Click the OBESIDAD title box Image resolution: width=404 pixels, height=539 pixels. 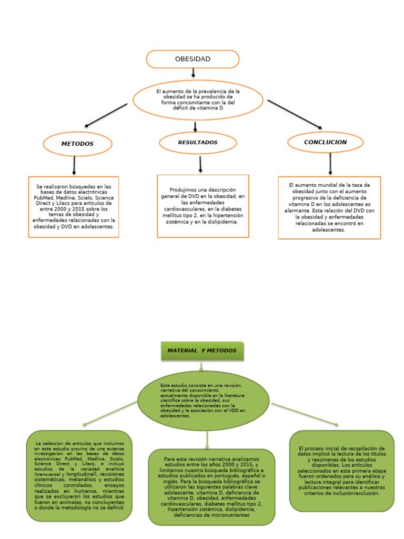[x=193, y=59]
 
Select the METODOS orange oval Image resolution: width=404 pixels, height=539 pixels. [x=77, y=144]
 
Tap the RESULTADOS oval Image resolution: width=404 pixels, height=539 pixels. [x=197, y=143]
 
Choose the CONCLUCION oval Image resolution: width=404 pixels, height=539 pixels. [x=325, y=142]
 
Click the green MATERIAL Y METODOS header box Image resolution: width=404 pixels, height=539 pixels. [x=202, y=351]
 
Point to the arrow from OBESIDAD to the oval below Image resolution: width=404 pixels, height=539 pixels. [x=193, y=73]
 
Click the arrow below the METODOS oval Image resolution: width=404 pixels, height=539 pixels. [x=74, y=166]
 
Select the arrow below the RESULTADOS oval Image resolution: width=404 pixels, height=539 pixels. [x=200, y=164]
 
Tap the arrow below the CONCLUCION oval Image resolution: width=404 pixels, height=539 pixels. [x=330, y=163]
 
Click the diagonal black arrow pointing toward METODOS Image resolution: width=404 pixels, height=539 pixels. [x=106, y=115]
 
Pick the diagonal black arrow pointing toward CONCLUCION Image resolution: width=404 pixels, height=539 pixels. [x=295, y=114]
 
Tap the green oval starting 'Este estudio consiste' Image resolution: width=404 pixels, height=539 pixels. [x=203, y=401]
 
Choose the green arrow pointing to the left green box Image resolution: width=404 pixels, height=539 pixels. [x=110, y=413]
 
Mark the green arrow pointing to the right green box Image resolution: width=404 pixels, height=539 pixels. [x=305, y=414]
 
